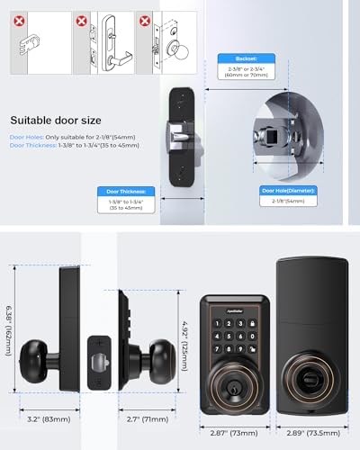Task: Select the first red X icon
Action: (x=20, y=18)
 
